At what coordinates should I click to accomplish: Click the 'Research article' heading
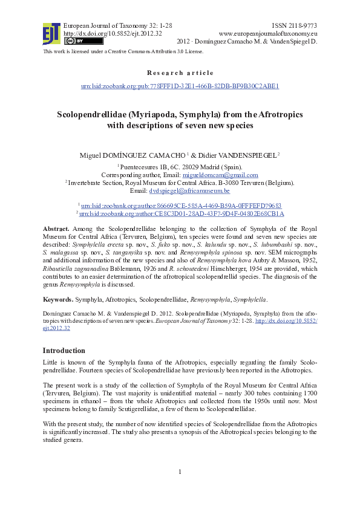(x=180, y=73)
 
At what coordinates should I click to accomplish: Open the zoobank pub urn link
(x=180, y=86)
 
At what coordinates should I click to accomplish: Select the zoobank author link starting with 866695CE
(x=181, y=206)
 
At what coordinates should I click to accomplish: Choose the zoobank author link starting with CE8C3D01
(x=181, y=213)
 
